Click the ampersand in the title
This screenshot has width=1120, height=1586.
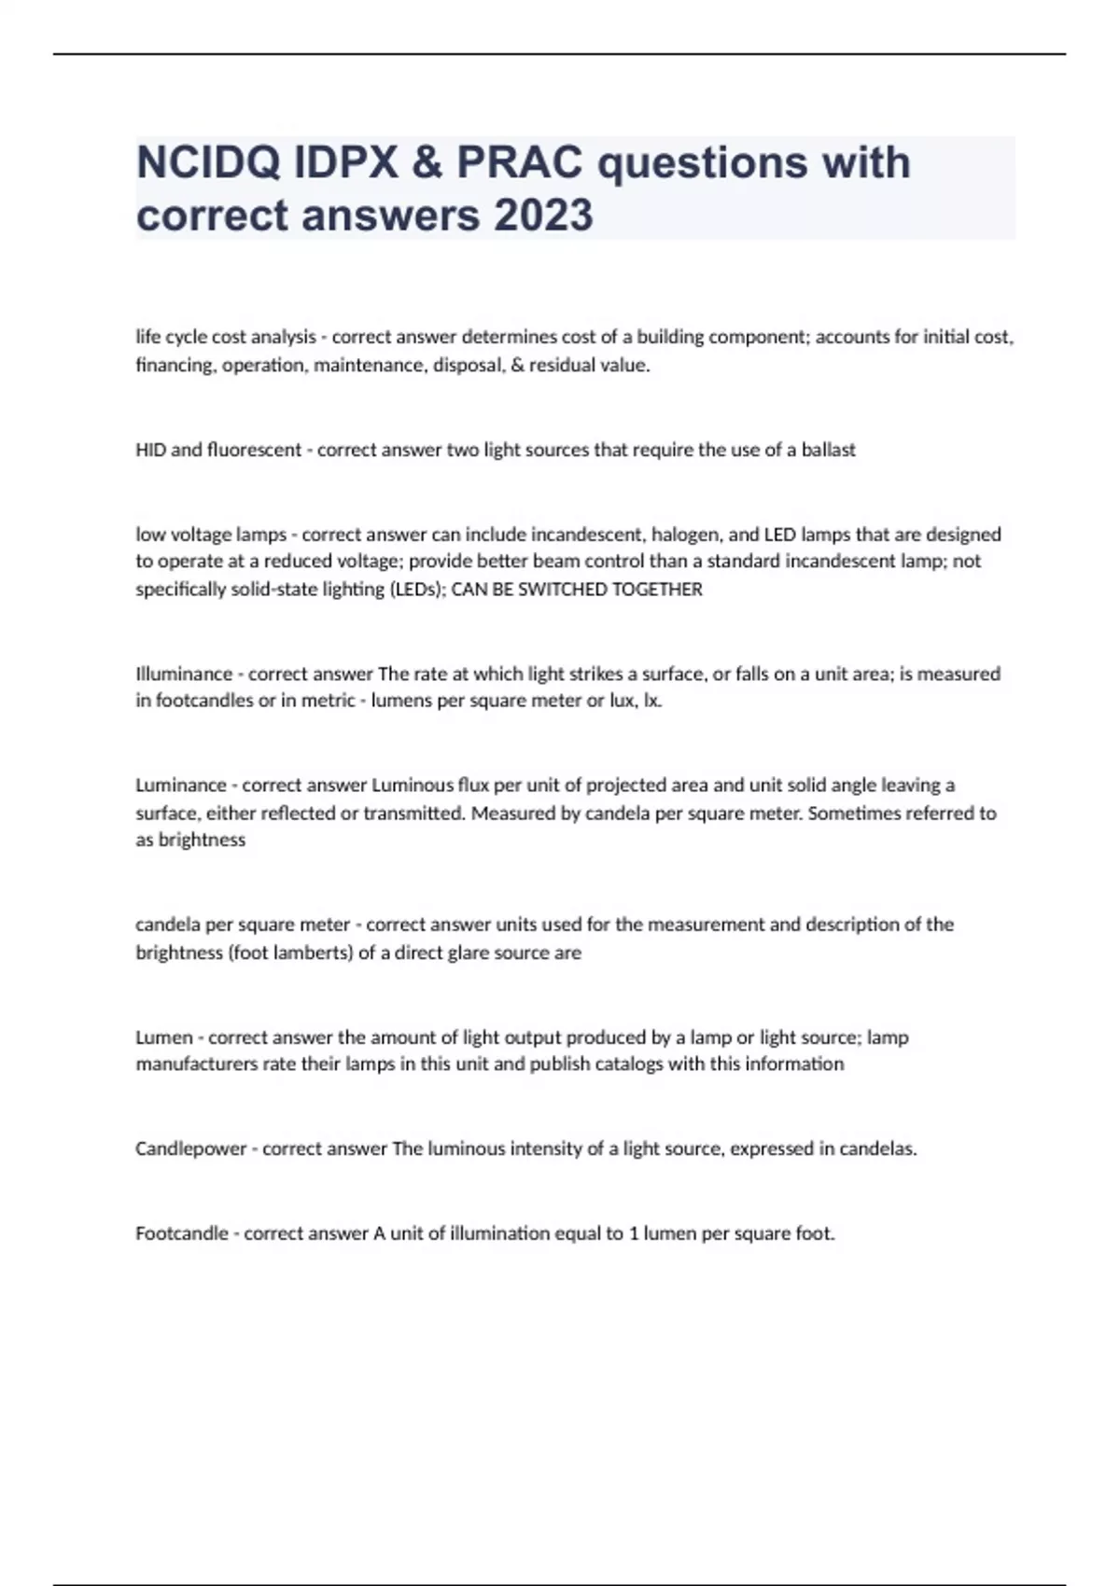click(x=427, y=163)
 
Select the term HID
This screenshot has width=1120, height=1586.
click(x=150, y=450)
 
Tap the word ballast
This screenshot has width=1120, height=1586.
click(x=829, y=450)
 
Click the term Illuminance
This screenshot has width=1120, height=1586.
click(x=184, y=674)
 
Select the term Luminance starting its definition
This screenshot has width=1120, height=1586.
click(x=181, y=785)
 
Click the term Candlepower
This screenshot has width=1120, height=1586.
click(x=191, y=1148)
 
